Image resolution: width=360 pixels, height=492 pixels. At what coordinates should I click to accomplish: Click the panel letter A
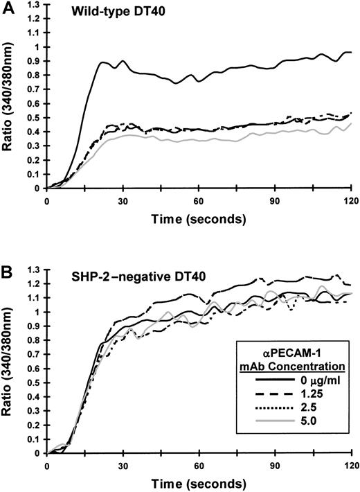tap(8, 6)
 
